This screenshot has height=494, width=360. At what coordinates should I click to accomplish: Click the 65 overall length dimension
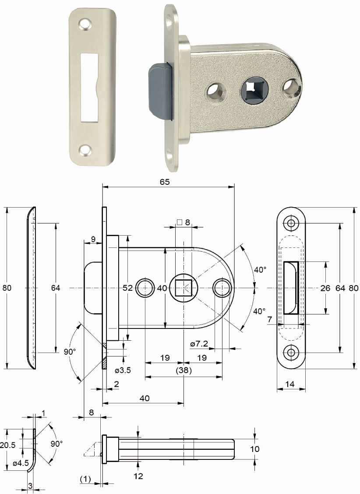pos(165,182)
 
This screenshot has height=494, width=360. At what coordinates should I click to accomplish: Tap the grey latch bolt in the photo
pos(159,92)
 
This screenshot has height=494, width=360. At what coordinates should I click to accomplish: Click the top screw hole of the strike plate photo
pos(85,25)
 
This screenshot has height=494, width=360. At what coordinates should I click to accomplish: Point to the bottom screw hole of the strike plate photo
pos(85,150)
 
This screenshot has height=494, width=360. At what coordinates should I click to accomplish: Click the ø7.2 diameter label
pos(199,344)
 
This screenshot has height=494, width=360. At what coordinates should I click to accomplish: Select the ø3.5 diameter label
pos(123,370)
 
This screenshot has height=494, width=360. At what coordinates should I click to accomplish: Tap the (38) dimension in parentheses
pos(184,370)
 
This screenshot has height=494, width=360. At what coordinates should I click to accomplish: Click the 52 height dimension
pos(127,288)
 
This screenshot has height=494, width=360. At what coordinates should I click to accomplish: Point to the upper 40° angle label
pos(260,270)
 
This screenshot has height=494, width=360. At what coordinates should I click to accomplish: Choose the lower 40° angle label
pos(259,311)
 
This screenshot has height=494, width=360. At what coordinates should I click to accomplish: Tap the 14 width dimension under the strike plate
pos(290,384)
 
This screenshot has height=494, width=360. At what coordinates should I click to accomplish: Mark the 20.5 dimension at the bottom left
pos(8,445)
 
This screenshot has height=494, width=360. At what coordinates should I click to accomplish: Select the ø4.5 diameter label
pos(21,463)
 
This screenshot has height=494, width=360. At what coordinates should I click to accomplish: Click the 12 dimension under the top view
pos(138,476)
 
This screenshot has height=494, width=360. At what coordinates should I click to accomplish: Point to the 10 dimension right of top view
pos(255,448)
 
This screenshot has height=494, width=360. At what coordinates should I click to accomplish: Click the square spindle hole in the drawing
pos(184,288)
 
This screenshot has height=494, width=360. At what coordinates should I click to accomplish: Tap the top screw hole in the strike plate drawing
pos(291,223)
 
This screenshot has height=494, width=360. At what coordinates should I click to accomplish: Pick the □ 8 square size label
pos(184,222)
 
